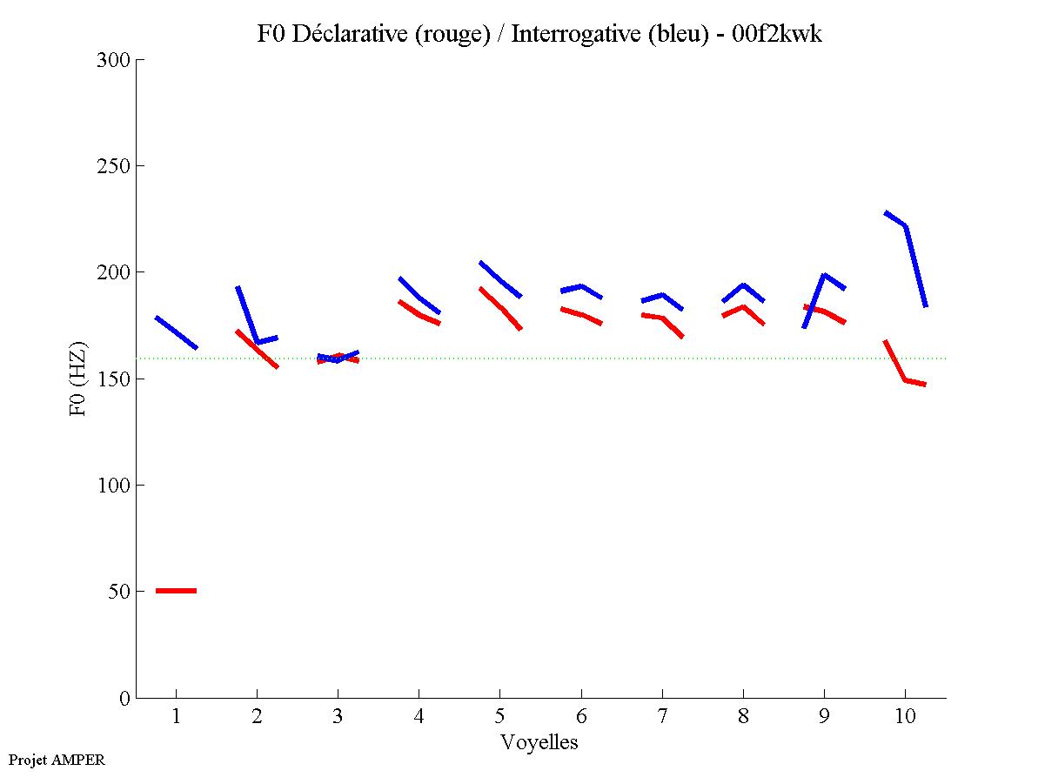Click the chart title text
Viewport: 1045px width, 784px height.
point(539,34)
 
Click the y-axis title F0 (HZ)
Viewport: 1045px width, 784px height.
point(78,378)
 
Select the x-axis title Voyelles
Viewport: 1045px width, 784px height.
point(539,742)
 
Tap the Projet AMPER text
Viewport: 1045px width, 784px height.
point(57,760)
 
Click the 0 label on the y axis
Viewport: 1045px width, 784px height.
point(125,698)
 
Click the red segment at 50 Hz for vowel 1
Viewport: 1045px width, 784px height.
point(176,591)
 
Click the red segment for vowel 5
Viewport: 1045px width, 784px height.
point(501,308)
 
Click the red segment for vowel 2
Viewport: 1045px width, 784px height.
point(257,349)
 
